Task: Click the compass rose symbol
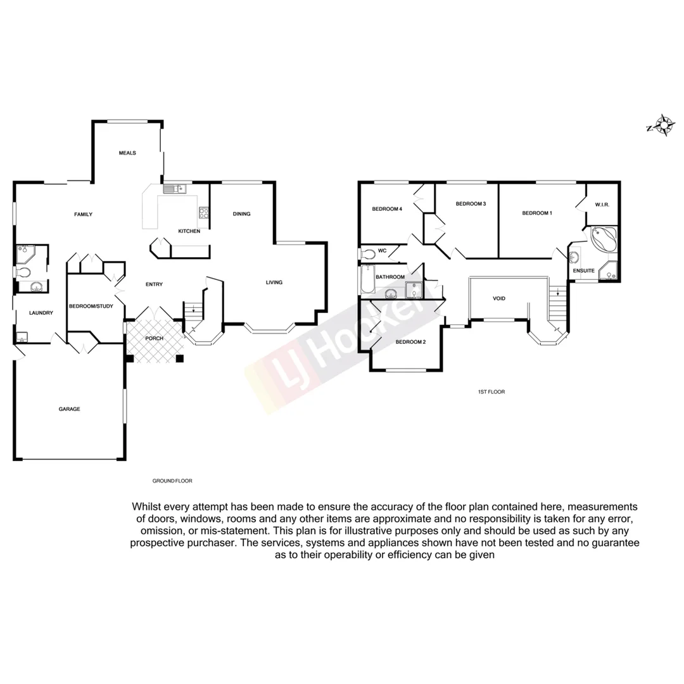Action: pos(662,125)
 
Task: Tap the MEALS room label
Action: pos(127,153)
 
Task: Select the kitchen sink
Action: pos(173,188)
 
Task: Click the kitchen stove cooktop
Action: pos(204,213)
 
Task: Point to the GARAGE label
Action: pos(69,409)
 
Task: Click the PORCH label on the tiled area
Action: pos(154,338)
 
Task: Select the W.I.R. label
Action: pos(602,205)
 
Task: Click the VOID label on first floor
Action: pos(499,298)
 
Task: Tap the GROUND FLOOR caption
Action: pos(172,481)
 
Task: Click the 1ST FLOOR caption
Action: pos(491,392)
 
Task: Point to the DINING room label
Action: pos(241,214)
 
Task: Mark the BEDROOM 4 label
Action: pos(387,209)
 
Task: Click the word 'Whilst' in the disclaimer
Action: pos(146,507)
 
